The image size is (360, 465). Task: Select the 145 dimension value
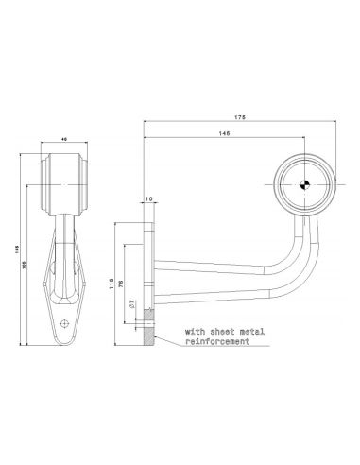(x=223, y=133)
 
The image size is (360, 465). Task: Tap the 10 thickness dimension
(x=149, y=199)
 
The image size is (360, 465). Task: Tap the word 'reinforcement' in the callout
(x=217, y=342)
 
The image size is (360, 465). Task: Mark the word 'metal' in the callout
(x=249, y=333)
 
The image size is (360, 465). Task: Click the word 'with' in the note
(x=194, y=333)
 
